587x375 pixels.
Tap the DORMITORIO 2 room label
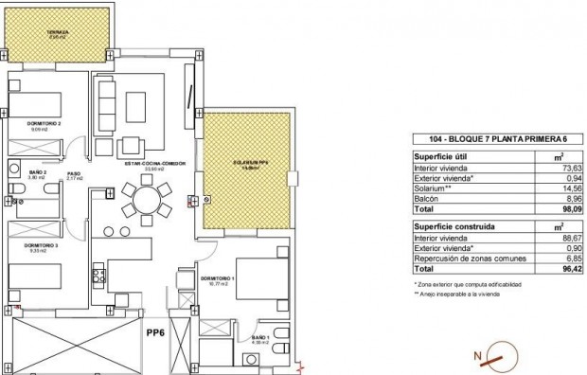tap(46, 125)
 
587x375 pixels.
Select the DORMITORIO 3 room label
tap(44, 244)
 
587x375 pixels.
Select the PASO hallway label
tap(73, 173)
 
